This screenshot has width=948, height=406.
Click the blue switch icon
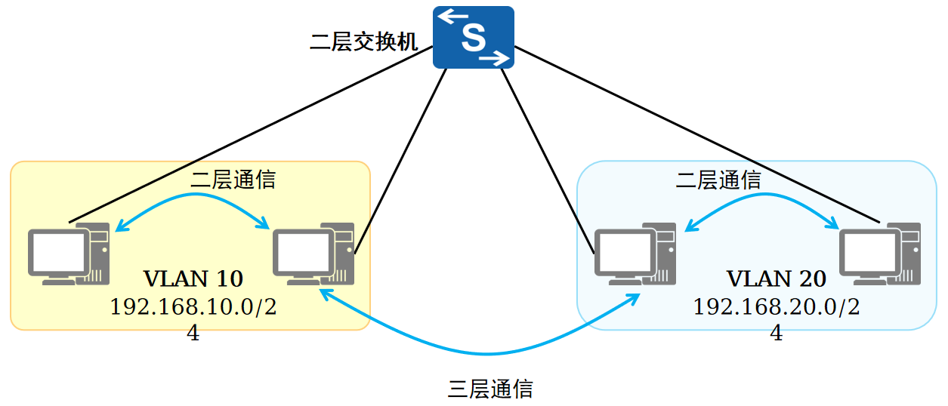pos(473,37)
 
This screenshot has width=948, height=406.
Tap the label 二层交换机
pos(364,42)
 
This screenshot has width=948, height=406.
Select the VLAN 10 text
pos(193,278)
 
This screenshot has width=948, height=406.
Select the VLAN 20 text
pos(777,278)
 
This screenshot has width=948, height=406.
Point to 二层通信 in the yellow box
pos(233,180)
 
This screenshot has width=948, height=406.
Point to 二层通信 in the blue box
pos(718,180)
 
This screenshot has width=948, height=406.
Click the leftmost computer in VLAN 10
pos(69,254)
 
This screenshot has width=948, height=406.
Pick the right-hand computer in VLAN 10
pos(313,254)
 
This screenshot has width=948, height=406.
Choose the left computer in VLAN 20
pos(635,254)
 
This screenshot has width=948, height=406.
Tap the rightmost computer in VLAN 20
pos(880,254)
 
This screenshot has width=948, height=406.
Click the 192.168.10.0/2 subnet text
pos(193,306)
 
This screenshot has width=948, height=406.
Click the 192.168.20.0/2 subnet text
pos(777,306)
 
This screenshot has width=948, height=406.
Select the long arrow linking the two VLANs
pos(486,354)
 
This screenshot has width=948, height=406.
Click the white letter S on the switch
pos(473,38)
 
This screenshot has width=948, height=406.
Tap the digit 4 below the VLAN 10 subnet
pos(193,333)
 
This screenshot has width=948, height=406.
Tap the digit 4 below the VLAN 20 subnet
pos(777,333)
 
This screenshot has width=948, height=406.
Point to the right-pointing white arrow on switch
pos(494,58)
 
